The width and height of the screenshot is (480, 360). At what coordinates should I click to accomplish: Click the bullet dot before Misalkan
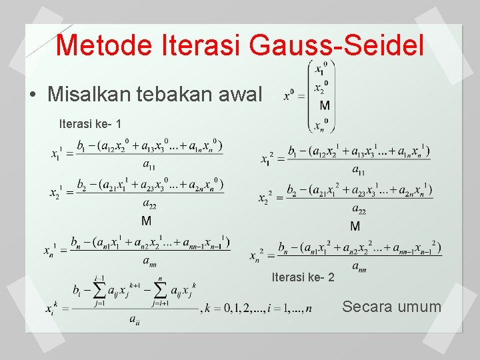[33, 94]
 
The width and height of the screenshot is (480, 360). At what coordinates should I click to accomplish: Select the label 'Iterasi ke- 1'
[90, 123]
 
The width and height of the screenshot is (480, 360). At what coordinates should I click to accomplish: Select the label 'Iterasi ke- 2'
[303, 277]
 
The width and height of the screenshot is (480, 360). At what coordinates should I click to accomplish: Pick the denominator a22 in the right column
[358, 211]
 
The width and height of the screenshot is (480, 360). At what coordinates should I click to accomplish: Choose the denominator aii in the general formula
[135, 321]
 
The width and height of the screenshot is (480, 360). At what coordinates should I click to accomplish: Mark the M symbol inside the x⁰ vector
[324, 105]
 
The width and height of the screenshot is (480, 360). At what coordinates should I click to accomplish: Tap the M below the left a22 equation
[146, 221]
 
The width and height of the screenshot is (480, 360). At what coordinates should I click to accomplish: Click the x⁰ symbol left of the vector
[290, 95]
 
